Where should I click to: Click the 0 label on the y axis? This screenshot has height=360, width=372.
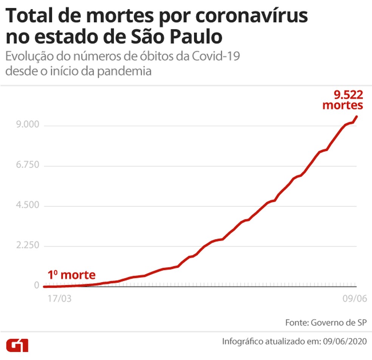36,286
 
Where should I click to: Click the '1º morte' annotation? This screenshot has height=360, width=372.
71,275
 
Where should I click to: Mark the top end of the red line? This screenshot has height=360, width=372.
356,116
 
